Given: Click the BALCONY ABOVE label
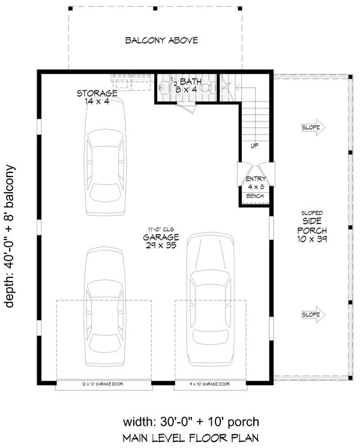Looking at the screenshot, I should (x=161, y=41).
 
